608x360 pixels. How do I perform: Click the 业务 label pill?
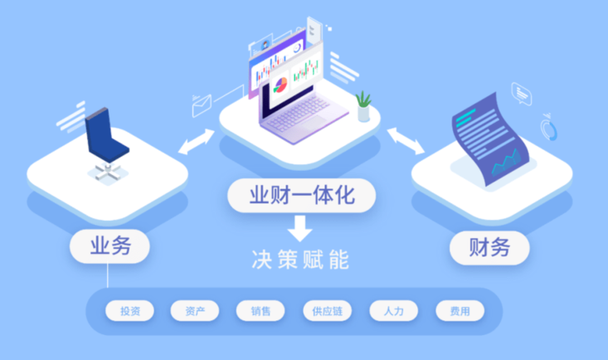click(x=109, y=246)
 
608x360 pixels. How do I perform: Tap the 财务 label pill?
click(x=489, y=247)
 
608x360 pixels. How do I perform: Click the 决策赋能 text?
click(x=301, y=259)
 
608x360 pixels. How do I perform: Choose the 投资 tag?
click(x=129, y=312)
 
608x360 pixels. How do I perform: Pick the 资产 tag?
click(x=195, y=312)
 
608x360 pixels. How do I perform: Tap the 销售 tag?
click(x=260, y=312)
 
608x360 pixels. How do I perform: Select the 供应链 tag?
click(x=327, y=312)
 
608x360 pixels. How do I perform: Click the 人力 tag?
click(x=393, y=312)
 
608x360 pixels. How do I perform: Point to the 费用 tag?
click(x=460, y=312)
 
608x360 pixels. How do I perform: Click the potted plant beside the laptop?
click(x=363, y=106)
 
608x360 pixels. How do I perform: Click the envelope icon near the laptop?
click(x=202, y=105)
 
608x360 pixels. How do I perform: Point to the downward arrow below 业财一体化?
click(x=301, y=226)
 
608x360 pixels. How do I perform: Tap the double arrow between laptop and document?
click(x=406, y=140)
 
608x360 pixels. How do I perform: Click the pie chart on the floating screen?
click(x=280, y=84)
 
